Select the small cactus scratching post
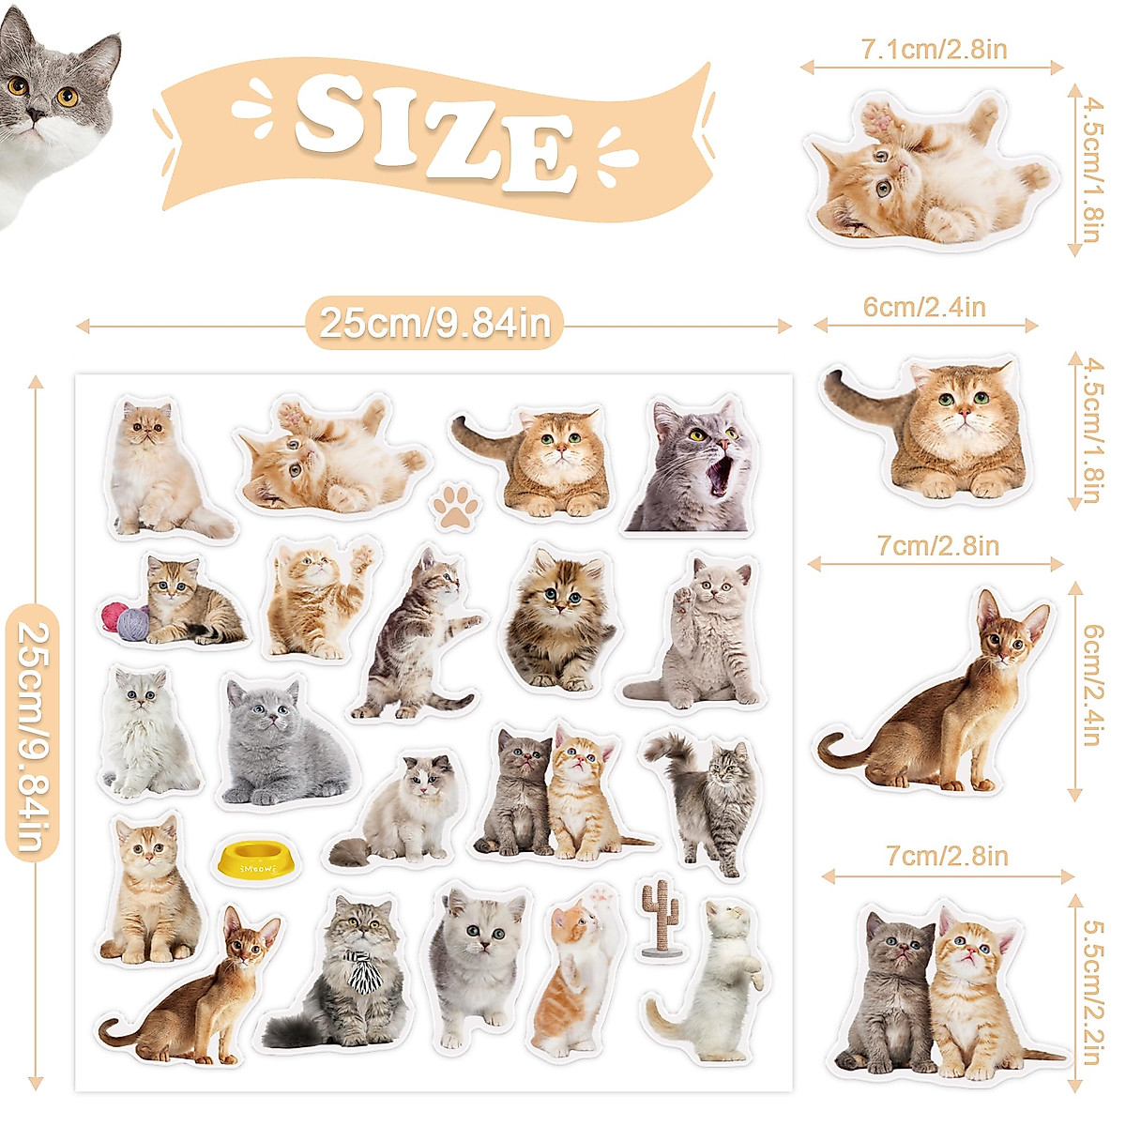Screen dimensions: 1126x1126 coord(662,918)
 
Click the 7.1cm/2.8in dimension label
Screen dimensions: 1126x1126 coord(934,50)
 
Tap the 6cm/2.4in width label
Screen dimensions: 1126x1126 coord(924,308)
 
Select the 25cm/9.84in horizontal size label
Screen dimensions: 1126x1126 coord(434,325)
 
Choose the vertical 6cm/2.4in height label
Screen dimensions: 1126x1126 coord(1091,685)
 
